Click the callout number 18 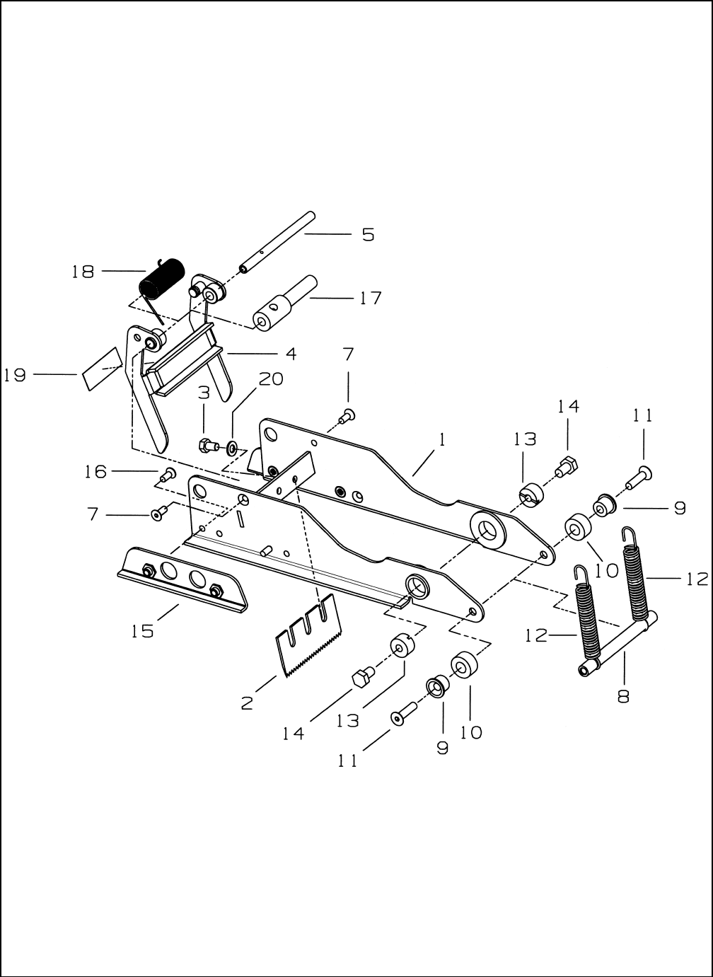tap(83, 272)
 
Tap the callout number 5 tap(369, 235)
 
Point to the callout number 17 tap(371, 299)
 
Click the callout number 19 tap(15, 375)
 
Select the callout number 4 tap(291, 354)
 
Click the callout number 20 tap(271, 379)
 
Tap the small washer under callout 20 tap(231, 447)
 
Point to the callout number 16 tap(96, 471)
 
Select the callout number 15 tap(143, 631)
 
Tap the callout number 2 tap(247, 703)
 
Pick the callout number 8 tap(624, 696)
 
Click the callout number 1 tap(442, 439)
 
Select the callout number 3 tap(204, 393)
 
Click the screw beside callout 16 tap(168, 475)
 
